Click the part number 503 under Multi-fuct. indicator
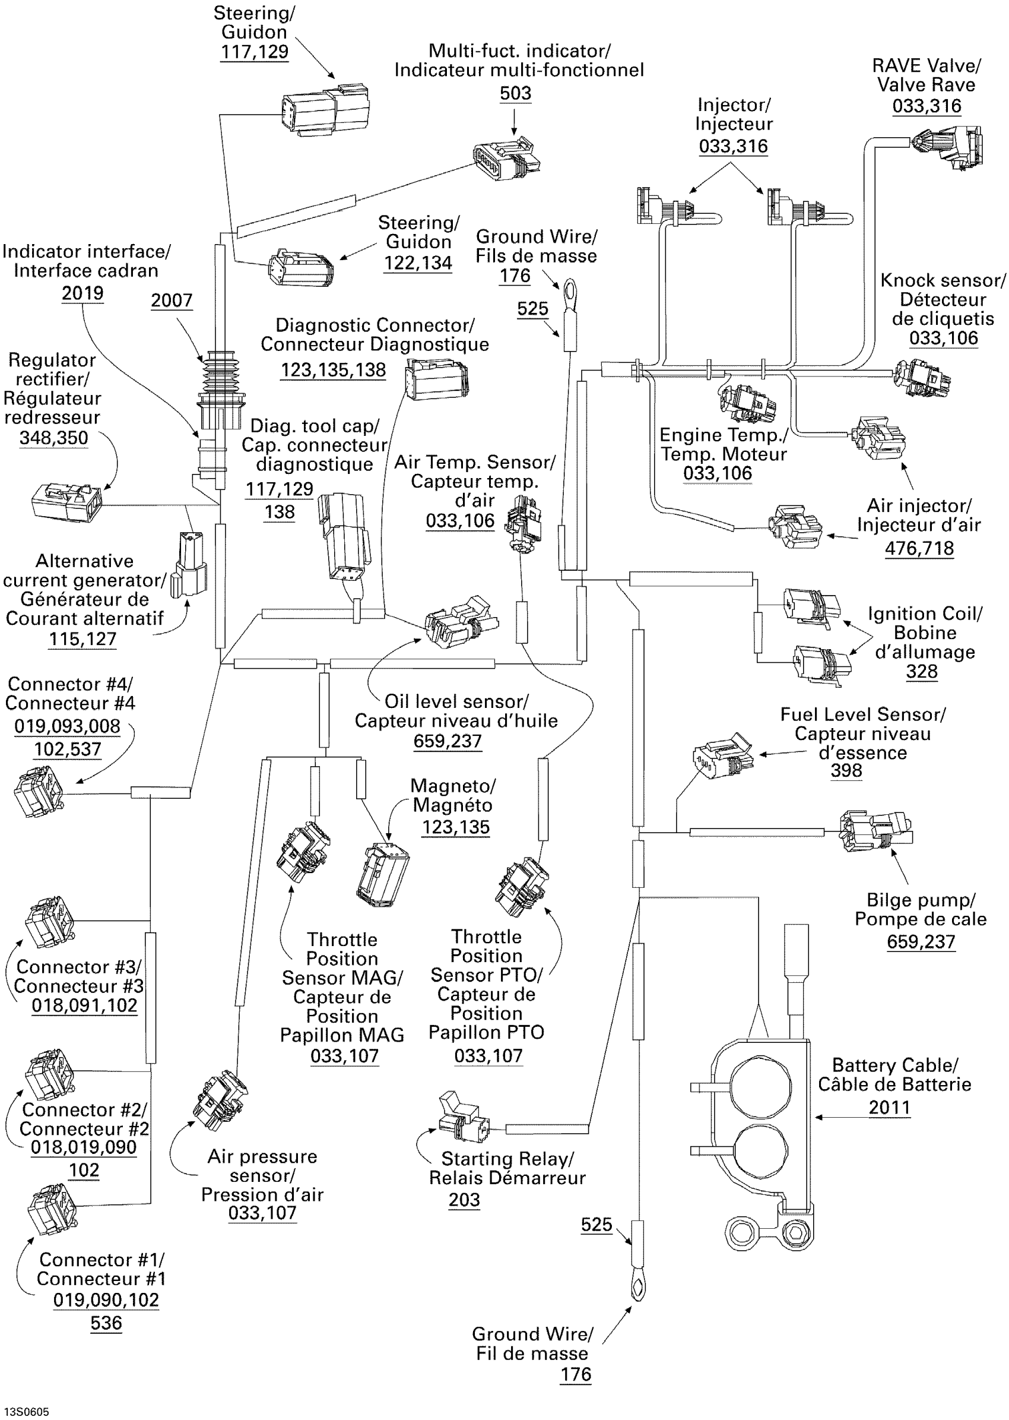(x=515, y=93)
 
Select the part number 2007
(x=172, y=301)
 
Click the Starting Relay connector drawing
(x=463, y=1118)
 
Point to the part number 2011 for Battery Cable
(x=889, y=1107)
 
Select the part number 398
(x=846, y=771)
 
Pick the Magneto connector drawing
(x=383, y=874)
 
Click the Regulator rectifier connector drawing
(x=67, y=502)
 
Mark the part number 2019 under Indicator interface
(x=83, y=293)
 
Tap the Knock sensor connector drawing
(x=921, y=377)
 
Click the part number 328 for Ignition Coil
(x=921, y=672)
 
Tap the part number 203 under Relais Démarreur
(x=464, y=1200)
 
